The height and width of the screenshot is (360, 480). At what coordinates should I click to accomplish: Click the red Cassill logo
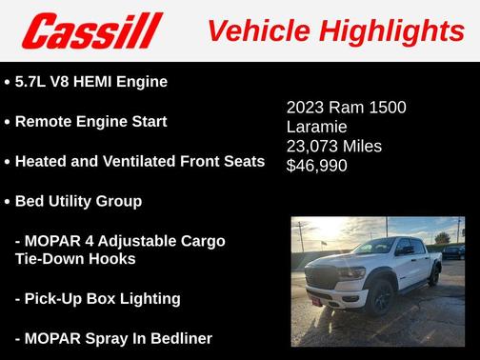[92, 31]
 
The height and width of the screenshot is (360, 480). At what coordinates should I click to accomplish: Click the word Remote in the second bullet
[45, 122]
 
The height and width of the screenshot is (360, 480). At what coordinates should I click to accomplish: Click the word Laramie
[316, 127]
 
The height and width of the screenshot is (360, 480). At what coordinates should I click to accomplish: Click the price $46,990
[317, 165]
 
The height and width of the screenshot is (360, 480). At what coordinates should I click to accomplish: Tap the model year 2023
[307, 108]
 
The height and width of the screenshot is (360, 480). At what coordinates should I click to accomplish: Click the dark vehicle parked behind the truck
[452, 252]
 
